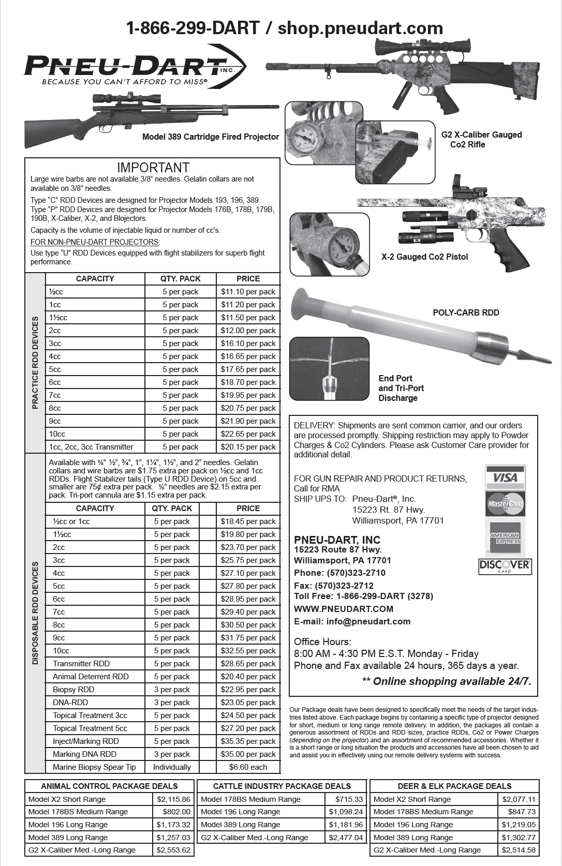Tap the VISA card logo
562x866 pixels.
(x=505, y=477)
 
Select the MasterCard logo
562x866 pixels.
(x=505, y=503)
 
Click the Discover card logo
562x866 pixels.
(x=505, y=566)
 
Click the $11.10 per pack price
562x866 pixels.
(x=248, y=292)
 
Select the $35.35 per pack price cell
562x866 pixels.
(x=248, y=741)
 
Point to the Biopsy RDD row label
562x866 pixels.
(x=73, y=690)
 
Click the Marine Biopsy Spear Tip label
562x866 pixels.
(x=94, y=767)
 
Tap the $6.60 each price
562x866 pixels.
(x=248, y=767)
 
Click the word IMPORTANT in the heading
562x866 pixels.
(x=153, y=168)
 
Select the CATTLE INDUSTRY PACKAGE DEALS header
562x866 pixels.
(x=282, y=786)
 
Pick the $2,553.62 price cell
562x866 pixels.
(x=173, y=850)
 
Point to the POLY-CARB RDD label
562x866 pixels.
(x=466, y=312)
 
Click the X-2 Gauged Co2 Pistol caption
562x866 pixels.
(x=424, y=257)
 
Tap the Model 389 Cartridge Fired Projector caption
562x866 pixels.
(x=210, y=137)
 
